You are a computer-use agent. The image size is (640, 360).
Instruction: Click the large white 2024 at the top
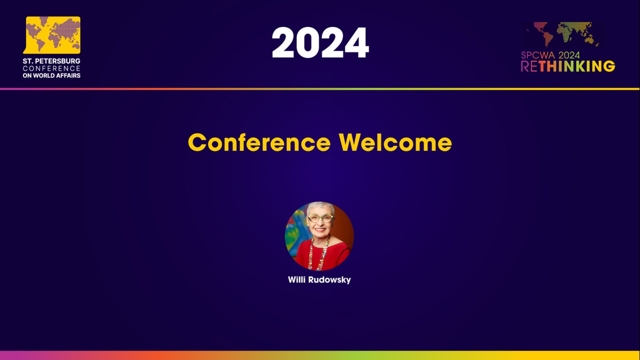320,43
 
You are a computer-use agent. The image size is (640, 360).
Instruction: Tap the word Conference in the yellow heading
259,142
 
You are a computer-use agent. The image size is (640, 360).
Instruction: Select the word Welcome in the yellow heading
395,142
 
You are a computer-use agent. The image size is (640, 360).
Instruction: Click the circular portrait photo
319,236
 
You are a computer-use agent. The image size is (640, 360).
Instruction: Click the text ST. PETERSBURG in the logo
51,61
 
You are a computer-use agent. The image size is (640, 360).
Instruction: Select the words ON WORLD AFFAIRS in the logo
51,75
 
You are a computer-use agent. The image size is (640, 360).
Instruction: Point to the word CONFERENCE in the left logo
51,68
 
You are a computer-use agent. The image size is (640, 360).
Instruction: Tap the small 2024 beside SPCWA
569,55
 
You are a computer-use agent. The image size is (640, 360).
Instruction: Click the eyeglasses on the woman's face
320,218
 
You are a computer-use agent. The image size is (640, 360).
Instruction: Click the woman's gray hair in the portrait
320,206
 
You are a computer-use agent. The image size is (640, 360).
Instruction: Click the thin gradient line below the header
320,89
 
